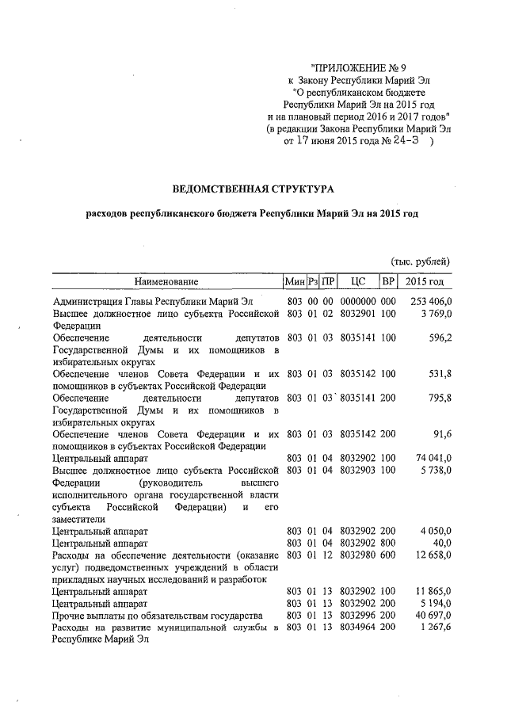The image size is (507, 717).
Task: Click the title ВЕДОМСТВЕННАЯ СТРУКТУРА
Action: click(x=253, y=189)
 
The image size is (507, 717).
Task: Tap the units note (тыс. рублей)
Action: click(x=420, y=261)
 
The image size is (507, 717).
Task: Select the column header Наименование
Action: click(x=166, y=281)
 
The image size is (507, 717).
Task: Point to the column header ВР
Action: click(x=388, y=281)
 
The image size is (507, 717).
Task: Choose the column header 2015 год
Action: click(x=425, y=281)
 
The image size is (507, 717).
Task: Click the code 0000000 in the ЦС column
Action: click(x=357, y=302)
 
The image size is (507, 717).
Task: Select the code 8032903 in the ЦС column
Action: click(x=357, y=471)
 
